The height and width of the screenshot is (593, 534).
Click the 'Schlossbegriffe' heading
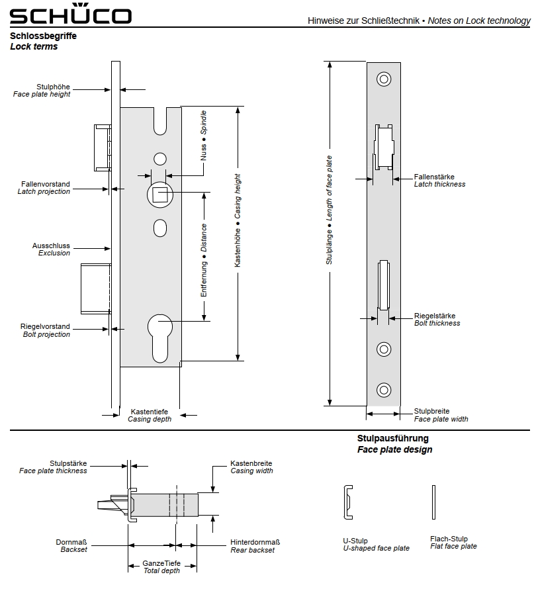coord(43,36)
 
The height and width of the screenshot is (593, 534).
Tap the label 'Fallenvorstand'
coord(46,184)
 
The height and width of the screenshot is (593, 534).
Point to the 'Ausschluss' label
coord(51,246)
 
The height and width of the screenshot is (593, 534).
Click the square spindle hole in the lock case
coord(159,193)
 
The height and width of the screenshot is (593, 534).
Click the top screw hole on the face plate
coord(384,80)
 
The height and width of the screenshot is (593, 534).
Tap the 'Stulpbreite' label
coord(431,411)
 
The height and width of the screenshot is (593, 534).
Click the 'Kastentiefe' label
coord(149,412)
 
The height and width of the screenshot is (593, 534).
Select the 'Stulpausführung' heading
coord(393,438)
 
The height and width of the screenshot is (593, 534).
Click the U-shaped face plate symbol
coord(347,502)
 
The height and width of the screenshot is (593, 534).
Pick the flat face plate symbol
coord(434,502)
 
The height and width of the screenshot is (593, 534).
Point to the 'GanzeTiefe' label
coord(161,563)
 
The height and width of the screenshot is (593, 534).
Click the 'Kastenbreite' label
coord(251,463)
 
